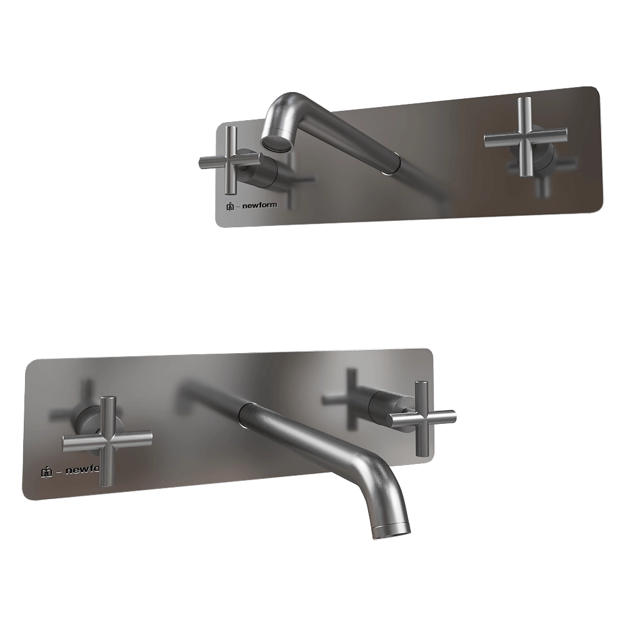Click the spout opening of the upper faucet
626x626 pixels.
click(275, 143)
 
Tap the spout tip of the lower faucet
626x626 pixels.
click(392, 530)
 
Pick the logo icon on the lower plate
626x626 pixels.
click(46, 471)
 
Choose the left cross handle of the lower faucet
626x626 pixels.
click(108, 439)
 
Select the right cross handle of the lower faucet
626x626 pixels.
click(422, 417)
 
